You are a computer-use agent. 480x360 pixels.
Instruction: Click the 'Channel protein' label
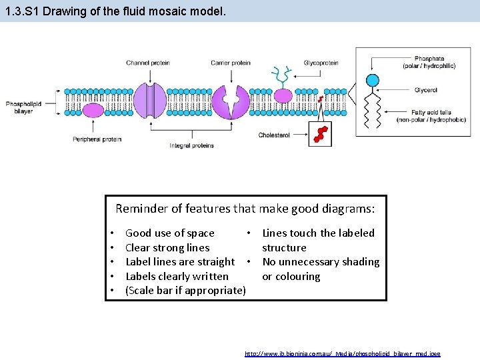tap(147, 63)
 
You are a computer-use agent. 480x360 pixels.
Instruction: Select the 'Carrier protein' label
tap(231, 63)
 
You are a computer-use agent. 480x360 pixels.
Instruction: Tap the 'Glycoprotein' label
tap(321, 63)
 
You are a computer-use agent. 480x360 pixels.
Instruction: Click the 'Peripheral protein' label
tap(97, 139)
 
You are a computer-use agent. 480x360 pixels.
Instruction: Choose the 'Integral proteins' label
tap(192, 145)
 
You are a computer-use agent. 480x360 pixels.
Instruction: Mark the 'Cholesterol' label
tap(274, 135)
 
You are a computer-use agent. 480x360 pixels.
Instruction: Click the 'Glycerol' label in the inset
tap(425, 90)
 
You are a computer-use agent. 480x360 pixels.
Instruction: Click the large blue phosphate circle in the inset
tap(373, 81)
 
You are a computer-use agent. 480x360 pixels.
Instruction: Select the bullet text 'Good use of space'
tap(169, 233)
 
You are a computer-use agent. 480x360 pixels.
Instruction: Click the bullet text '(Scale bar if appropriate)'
tap(185, 291)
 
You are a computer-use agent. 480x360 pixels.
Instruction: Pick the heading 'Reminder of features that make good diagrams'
tap(245, 209)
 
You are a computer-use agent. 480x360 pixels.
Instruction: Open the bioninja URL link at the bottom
tap(343, 353)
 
